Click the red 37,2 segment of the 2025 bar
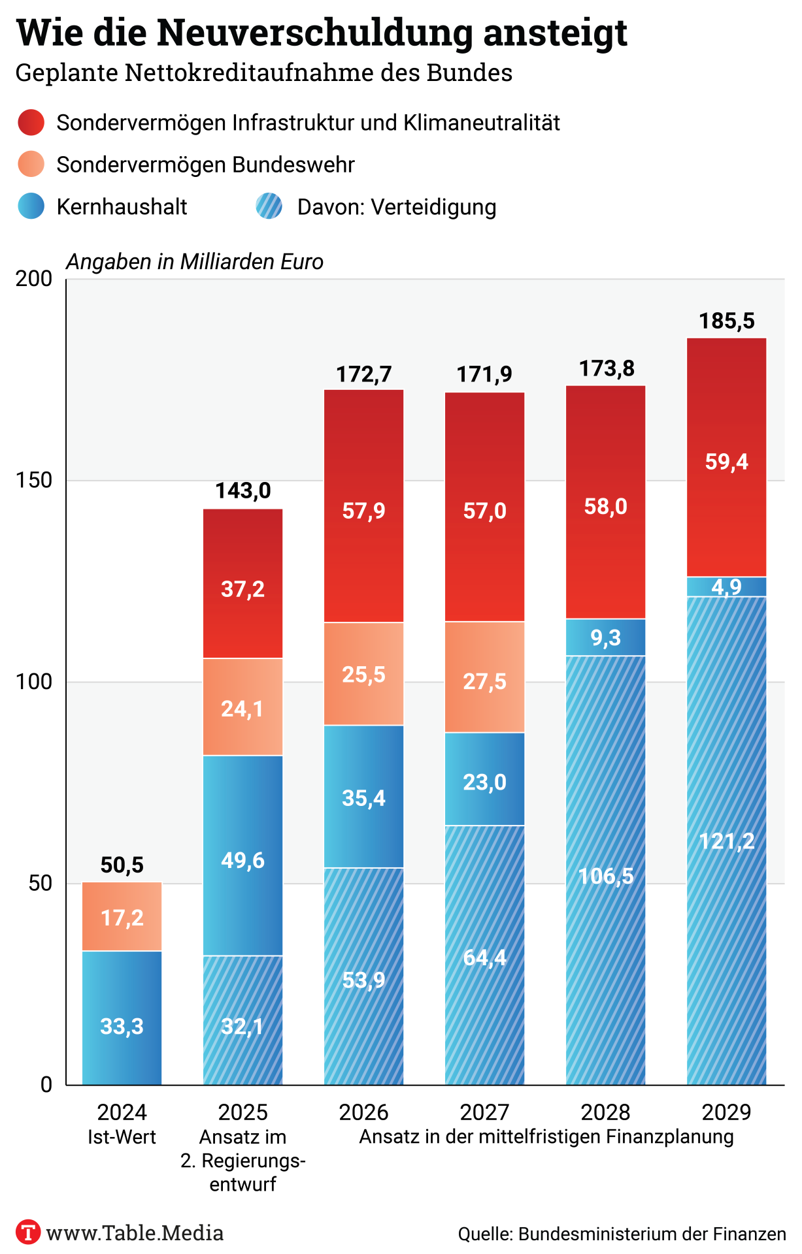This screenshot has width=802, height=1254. click(242, 583)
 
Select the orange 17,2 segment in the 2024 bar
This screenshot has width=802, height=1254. click(122, 916)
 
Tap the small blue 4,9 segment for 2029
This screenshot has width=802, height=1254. click(726, 587)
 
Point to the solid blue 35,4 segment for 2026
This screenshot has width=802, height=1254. click(363, 796)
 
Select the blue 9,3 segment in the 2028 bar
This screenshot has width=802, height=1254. click(605, 637)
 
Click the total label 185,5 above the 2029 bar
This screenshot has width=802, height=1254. click(726, 321)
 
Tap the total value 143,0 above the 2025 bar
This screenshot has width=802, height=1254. click(242, 490)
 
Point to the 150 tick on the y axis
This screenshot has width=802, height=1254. click(34, 480)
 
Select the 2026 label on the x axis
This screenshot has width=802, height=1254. click(363, 1112)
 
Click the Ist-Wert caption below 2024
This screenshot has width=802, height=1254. click(122, 1137)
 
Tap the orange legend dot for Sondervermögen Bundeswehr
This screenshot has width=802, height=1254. click(31, 164)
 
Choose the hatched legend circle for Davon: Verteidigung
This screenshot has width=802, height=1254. click(269, 206)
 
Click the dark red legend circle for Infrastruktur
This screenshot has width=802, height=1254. click(31, 122)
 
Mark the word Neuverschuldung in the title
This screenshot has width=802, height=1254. click(314, 33)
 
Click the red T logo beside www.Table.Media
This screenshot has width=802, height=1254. click(27, 1232)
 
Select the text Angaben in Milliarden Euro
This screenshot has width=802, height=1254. click(195, 262)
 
